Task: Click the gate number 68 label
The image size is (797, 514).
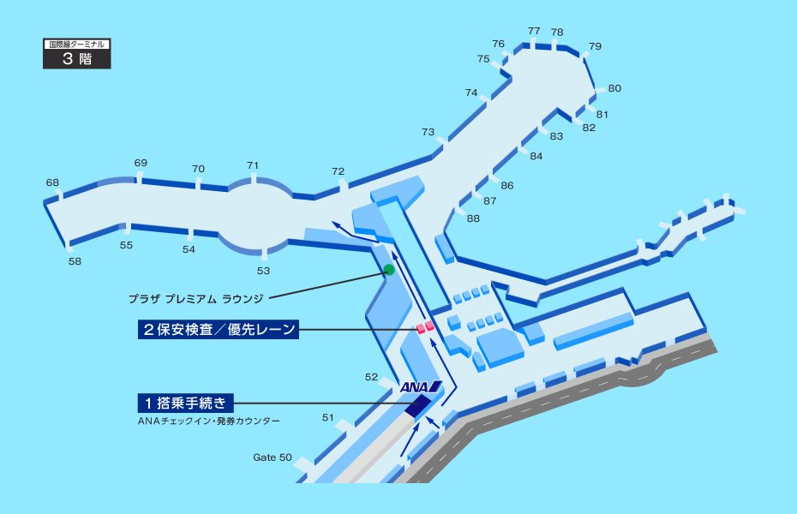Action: coord(52,182)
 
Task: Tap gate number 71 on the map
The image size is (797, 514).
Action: coord(253,165)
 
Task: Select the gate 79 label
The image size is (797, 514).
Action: coord(595,46)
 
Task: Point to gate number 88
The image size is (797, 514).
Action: coord(473,218)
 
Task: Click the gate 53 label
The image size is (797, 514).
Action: coord(263,271)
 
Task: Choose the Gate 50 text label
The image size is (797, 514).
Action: coord(273,457)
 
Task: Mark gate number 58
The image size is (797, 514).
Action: coord(75,261)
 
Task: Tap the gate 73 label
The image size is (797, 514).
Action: coord(428,132)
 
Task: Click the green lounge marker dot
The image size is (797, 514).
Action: coord(388,270)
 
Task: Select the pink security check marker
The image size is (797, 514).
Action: coord(425,327)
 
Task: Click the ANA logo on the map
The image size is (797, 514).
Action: coord(420,387)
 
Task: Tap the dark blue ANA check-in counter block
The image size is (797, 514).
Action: coord(417,406)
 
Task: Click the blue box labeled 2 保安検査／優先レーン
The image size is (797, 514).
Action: coord(218,329)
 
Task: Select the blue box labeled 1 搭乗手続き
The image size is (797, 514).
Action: coord(185,403)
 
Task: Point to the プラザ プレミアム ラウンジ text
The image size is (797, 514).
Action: coord(195,299)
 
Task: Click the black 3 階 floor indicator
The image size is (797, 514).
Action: coord(77,59)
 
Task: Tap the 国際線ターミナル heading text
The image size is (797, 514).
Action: coord(77,43)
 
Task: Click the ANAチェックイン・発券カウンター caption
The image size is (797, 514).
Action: coord(208,421)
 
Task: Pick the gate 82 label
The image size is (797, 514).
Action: coord(589,128)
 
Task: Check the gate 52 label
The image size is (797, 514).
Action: coord(371,377)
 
